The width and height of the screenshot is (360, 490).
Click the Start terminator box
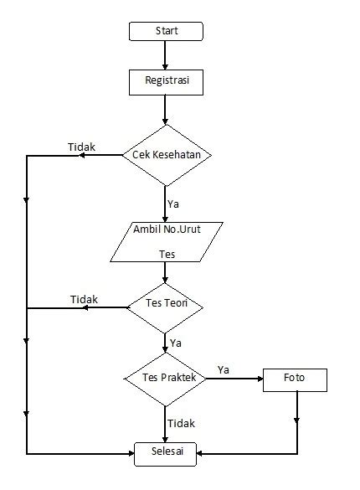tap(166, 31)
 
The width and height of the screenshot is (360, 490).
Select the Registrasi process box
tap(166, 81)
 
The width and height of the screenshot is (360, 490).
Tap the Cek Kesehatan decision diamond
tap(166, 155)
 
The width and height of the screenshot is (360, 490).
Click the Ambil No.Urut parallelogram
tap(166, 240)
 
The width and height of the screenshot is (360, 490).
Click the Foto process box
tap(295, 379)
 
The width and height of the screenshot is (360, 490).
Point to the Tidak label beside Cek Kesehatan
tap(81, 147)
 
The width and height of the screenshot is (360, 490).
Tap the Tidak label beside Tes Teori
tap(84, 299)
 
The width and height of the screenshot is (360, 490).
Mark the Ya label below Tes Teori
tap(176, 343)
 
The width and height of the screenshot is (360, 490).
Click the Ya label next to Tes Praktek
tap(224, 369)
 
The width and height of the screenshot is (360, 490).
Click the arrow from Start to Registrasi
tap(166, 55)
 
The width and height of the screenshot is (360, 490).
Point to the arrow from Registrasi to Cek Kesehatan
tap(166, 109)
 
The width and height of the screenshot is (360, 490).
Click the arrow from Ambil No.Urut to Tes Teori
tap(166, 274)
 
